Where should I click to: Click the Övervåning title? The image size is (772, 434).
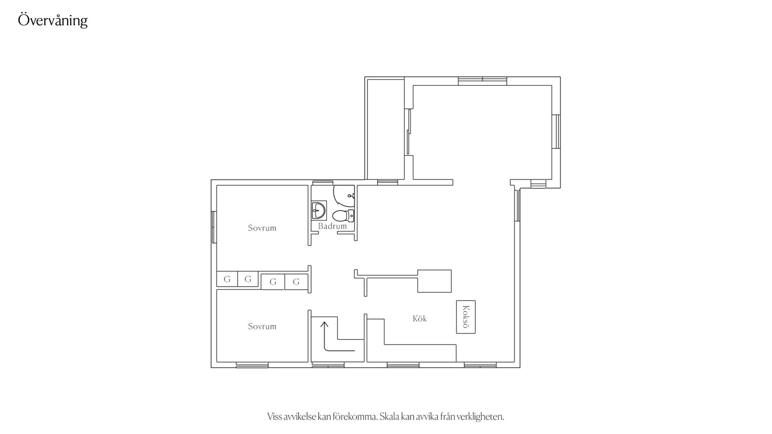53,20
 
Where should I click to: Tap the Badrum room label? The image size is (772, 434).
332,226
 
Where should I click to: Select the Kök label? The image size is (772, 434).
419,319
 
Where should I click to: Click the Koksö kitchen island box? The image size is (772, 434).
466,317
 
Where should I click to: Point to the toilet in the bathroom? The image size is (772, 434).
343,216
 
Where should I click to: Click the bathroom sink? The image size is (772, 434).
319,210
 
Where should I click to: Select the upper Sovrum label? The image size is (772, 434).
262,228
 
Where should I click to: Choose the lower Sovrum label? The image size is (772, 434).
262,326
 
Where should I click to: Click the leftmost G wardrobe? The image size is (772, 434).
227,279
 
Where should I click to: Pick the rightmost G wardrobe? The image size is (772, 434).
296,282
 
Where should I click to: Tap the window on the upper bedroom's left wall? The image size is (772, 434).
214,227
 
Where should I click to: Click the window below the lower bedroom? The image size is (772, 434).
252,365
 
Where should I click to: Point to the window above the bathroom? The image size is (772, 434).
323,182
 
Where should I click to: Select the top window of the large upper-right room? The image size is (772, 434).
482,81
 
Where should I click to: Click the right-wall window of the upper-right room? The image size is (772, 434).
556,132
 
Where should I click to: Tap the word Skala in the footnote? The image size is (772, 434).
389,417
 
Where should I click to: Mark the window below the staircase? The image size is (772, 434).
328,365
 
